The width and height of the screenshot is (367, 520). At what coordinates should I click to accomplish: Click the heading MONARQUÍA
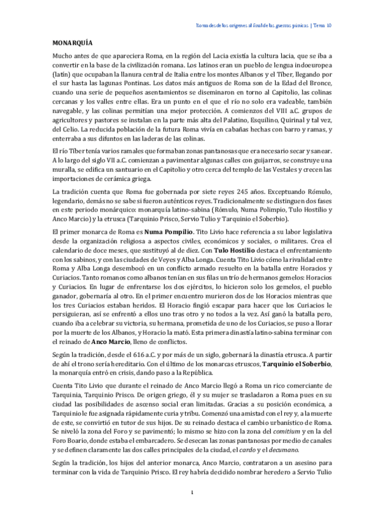click(72, 44)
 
